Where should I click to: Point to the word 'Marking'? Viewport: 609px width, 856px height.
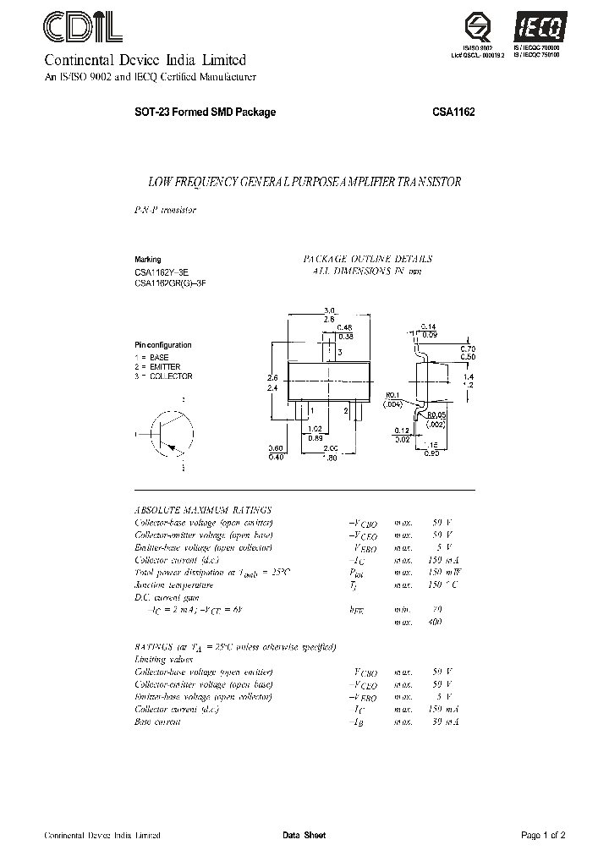[x=147, y=260]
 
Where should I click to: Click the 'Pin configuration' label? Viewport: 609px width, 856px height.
[x=163, y=345]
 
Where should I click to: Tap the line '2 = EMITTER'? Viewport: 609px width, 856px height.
[x=158, y=367]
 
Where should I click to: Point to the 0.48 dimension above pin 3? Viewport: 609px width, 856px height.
[x=344, y=327]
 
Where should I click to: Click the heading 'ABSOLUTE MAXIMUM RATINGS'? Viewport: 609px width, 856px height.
[x=203, y=510]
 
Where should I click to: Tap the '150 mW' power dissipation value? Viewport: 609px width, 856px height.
[x=440, y=572]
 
